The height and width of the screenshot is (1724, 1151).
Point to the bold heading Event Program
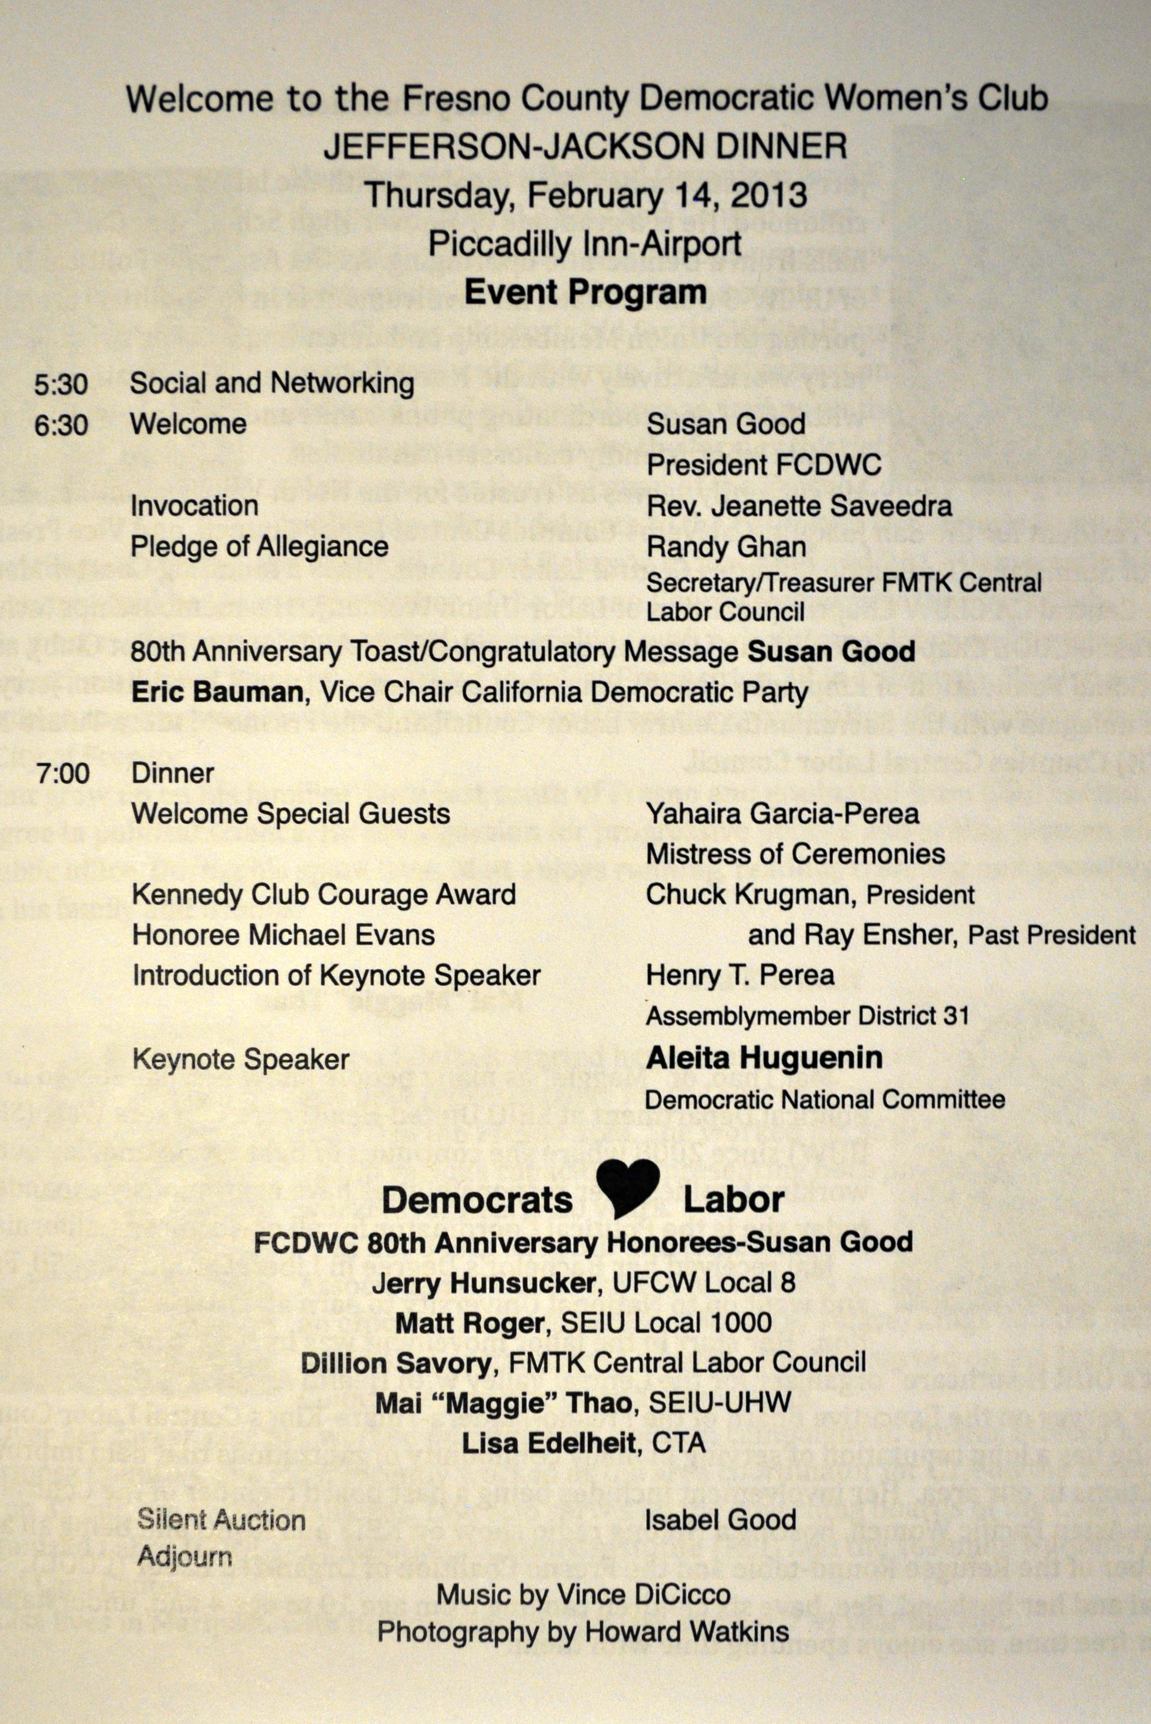pos(585,292)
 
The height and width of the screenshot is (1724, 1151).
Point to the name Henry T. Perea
pos(740,976)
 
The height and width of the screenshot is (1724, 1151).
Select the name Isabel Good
pos(720,1520)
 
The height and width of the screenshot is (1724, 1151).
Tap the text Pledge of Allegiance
pos(259,547)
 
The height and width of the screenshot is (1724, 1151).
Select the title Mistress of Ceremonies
pos(795,854)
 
